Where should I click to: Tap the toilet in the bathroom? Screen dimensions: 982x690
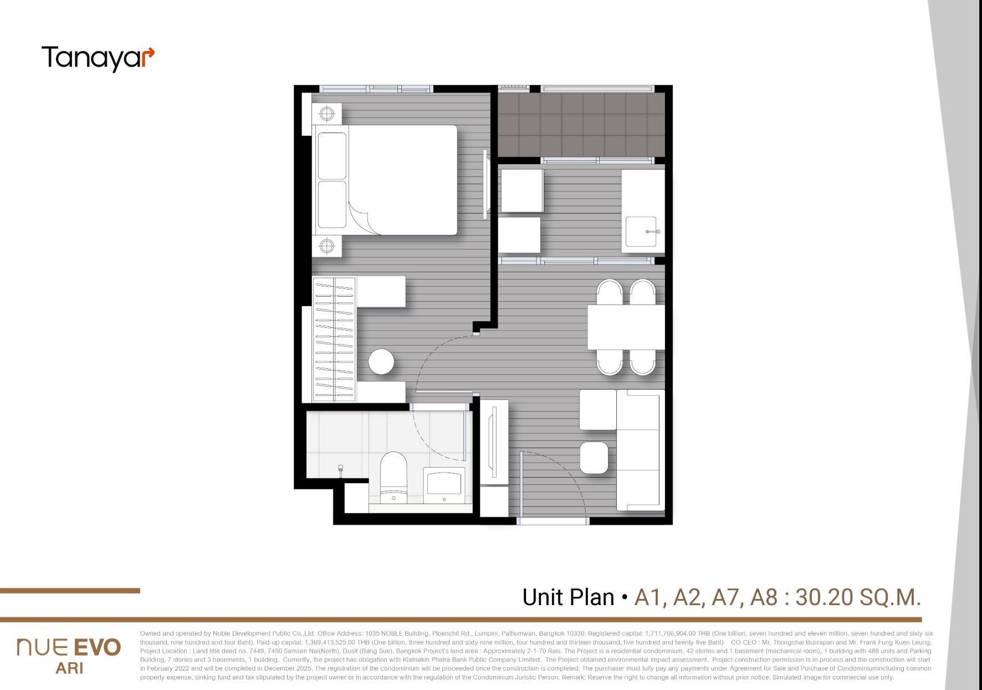[393, 478]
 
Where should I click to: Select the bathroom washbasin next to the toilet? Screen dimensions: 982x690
[444, 485]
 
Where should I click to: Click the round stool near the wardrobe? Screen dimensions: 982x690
[381, 362]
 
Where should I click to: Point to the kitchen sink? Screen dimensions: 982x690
[643, 231]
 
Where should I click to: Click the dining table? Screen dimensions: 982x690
[626, 327]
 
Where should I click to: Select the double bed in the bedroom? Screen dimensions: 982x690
[387, 180]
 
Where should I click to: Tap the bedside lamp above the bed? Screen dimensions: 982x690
[327, 114]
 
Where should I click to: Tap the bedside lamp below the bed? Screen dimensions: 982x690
[327, 245]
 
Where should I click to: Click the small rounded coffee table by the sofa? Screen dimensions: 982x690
[594, 458]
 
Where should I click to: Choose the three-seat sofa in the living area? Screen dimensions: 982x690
[641, 450]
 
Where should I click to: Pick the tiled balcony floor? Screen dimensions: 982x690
[581, 125]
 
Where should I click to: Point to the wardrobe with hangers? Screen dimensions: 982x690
[335, 339]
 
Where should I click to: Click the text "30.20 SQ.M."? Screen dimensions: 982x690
[858, 597]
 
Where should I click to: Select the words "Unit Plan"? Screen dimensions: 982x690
[568, 597]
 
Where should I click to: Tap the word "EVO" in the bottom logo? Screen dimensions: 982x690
[97, 647]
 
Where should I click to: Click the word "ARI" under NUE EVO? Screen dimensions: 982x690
[69, 668]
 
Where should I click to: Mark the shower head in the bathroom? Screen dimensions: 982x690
[341, 470]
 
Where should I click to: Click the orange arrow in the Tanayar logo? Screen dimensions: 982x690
[149, 55]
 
